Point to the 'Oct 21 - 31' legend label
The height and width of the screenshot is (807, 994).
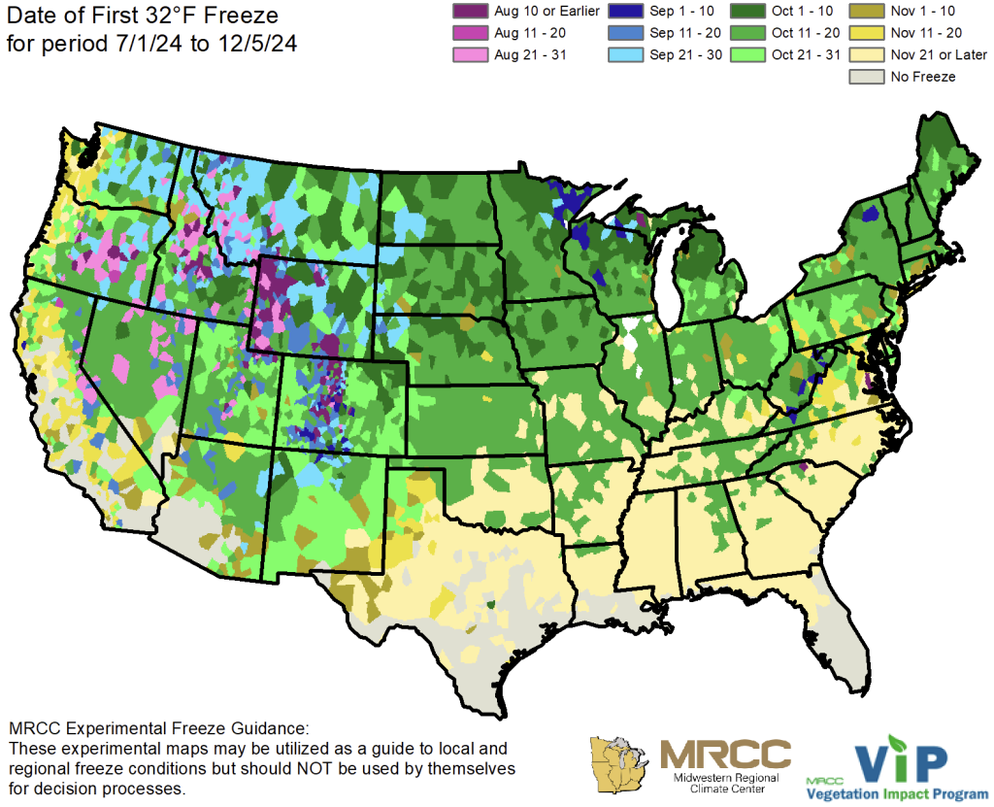(x=805, y=54)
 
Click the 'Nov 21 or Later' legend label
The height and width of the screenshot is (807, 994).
(x=939, y=54)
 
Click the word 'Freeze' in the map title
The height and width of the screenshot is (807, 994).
(x=233, y=17)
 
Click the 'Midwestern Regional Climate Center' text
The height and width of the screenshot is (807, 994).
(x=724, y=784)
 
